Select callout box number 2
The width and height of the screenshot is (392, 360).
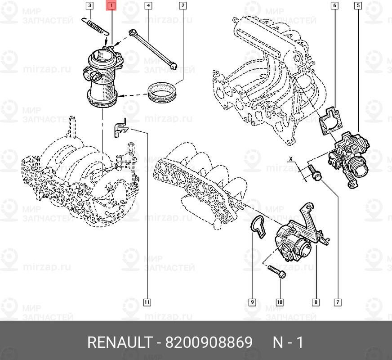pyautogui.click(x=183, y=6)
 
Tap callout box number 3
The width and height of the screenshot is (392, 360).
pyautogui.click(x=90, y=6)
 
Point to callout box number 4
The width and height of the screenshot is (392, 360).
pyautogui.click(x=147, y=6)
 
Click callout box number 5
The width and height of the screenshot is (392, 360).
pyautogui.click(x=358, y=6)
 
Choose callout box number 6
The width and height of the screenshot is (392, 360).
pyautogui.click(x=334, y=6)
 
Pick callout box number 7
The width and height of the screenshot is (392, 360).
pyautogui.click(x=337, y=302)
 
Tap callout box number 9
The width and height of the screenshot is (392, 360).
pyautogui.click(x=252, y=302)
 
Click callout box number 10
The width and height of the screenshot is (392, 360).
pyautogui.click(x=280, y=302)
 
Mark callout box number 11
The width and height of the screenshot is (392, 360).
pyautogui.click(x=147, y=302)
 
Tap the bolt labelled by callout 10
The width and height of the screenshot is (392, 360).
pyautogui.click(x=275, y=272)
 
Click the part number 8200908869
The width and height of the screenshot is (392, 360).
pyautogui.click(x=209, y=343)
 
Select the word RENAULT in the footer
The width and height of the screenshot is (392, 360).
pyautogui.click(x=119, y=343)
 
